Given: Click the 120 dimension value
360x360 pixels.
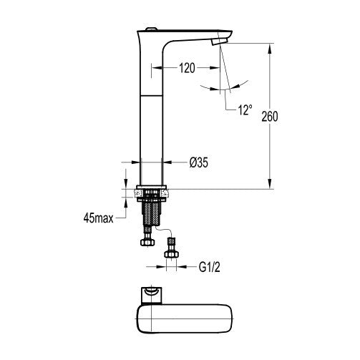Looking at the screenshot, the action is [187, 68].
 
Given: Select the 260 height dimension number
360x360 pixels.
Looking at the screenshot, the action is [270, 117].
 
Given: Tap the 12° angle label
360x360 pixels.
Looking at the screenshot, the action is [245, 110].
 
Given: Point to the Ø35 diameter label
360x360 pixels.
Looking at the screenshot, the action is [199, 162].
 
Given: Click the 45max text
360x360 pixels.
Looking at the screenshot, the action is [98, 218].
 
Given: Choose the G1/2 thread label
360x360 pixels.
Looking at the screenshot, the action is [210, 268].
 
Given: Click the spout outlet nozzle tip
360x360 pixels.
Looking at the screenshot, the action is [220, 42].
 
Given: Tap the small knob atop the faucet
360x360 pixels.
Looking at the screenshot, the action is [151, 29].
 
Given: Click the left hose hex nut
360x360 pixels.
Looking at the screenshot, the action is [147, 242].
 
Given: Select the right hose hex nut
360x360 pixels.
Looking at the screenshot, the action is [171, 254].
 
